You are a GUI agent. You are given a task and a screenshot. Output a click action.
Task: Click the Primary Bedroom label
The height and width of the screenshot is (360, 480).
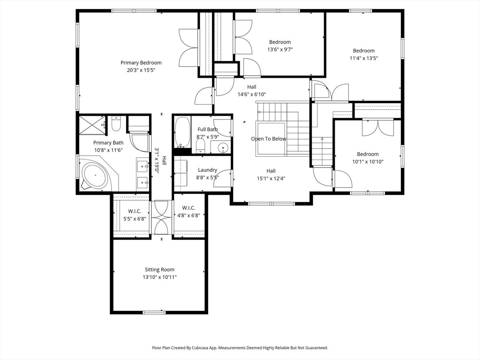(141, 63)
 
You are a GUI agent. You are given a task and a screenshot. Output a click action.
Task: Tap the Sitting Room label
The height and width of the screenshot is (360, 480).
(159, 270)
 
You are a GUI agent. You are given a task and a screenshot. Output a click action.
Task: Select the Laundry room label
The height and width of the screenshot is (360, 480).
(207, 170)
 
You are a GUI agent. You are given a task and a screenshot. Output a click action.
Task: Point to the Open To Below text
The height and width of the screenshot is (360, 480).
(269, 139)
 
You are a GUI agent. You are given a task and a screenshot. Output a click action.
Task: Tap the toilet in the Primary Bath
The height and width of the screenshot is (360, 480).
(116, 124)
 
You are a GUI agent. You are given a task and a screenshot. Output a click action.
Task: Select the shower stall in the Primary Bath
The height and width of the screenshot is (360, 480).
(92, 125)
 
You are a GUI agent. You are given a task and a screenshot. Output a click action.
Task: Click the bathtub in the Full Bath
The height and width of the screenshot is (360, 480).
(183, 132)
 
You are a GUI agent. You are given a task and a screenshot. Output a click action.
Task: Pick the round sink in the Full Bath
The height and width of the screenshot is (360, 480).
(224, 148)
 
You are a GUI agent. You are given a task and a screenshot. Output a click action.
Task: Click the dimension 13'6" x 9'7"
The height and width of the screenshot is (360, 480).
(280, 50)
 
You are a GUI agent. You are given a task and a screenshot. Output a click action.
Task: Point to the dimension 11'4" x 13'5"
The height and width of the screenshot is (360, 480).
(364, 58)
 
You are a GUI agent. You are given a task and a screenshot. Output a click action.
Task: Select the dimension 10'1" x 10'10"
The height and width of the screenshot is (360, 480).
(367, 162)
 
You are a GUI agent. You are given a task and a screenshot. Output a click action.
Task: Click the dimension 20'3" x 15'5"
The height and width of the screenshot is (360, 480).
(141, 70)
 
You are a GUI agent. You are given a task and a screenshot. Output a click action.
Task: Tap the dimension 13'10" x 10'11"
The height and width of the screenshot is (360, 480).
(159, 277)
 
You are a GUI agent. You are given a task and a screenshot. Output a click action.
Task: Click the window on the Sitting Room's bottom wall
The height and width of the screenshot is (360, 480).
(154, 313)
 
